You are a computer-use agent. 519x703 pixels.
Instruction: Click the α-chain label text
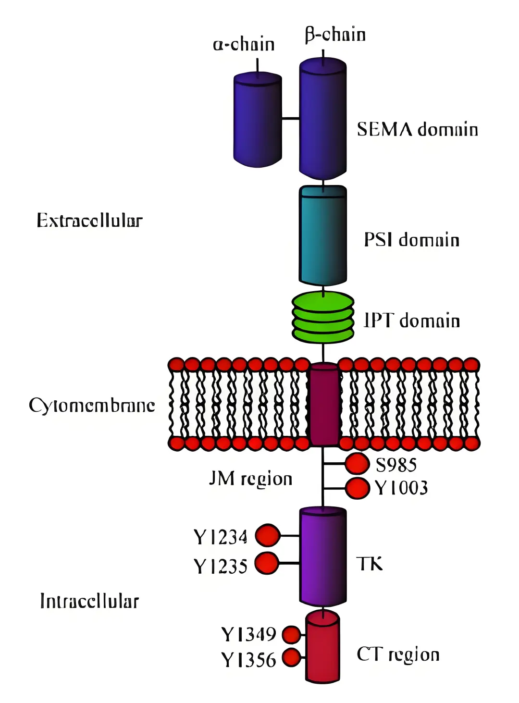(244, 45)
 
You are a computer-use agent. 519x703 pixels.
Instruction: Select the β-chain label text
(335, 35)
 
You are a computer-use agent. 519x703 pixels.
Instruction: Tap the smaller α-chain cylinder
(257, 120)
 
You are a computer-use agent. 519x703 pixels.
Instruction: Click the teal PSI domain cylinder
(323, 235)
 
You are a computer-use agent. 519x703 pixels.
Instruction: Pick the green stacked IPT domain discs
(323, 317)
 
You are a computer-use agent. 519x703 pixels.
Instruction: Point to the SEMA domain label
(417, 130)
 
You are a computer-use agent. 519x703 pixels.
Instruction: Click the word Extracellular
(89, 221)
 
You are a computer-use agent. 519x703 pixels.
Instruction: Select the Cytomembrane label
(92, 406)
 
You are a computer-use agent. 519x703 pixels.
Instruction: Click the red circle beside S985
(357, 464)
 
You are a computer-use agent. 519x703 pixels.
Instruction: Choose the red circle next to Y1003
(358, 488)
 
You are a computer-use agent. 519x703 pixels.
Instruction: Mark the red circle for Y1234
(267, 535)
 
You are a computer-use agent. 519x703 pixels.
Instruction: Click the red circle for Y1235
(267, 563)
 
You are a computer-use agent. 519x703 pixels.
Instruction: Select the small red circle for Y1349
(291, 635)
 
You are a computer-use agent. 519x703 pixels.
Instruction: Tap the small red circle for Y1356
(291, 657)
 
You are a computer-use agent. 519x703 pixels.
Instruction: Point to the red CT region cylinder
(323, 646)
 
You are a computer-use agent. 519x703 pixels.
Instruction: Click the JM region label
(250, 479)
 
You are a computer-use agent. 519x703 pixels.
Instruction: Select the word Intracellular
(89, 601)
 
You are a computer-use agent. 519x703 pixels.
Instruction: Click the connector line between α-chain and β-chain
(290, 118)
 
